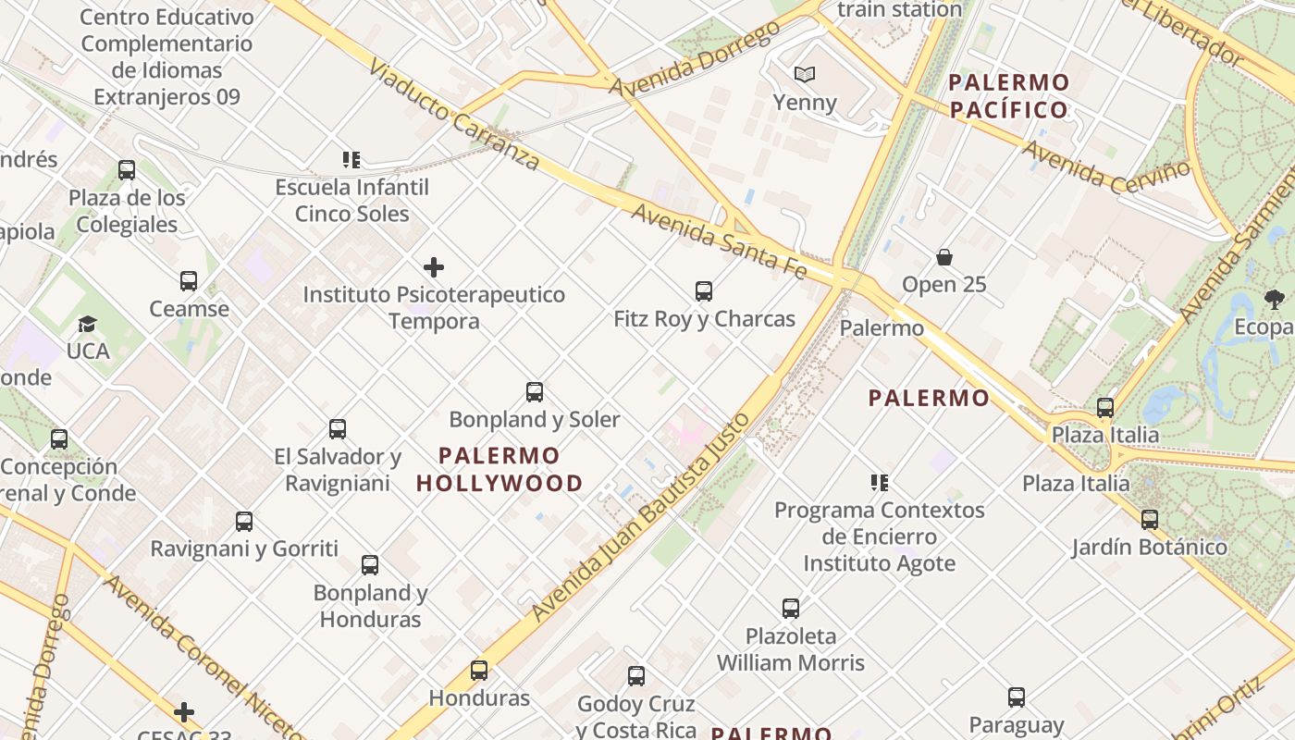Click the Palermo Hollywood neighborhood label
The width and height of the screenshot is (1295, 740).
tap(499, 469)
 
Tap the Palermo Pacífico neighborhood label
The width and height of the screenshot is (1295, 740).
tap(1008, 96)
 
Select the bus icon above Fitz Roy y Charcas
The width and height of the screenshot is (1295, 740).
tap(703, 291)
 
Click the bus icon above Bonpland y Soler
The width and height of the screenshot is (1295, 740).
tap(534, 391)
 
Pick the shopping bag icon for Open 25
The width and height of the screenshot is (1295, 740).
tap(944, 257)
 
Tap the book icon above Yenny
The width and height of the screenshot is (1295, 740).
tap(805, 74)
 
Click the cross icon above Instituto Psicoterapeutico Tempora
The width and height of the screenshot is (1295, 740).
tap(433, 268)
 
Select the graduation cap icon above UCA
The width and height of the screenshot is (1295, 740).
tap(88, 324)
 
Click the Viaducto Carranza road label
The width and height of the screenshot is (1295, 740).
tap(453, 115)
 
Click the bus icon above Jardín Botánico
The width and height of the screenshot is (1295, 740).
tap(1149, 519)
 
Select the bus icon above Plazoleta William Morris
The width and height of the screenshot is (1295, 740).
tap(790, 608)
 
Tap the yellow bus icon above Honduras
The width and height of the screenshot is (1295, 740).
tap(478, 670)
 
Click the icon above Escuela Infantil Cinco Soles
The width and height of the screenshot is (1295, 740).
tap(351, 160)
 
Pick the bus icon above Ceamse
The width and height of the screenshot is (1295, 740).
tap(189, 280)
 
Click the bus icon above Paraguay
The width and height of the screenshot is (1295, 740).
tap(1016, 697)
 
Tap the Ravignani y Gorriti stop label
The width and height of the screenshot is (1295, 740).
tap(244, 549)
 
